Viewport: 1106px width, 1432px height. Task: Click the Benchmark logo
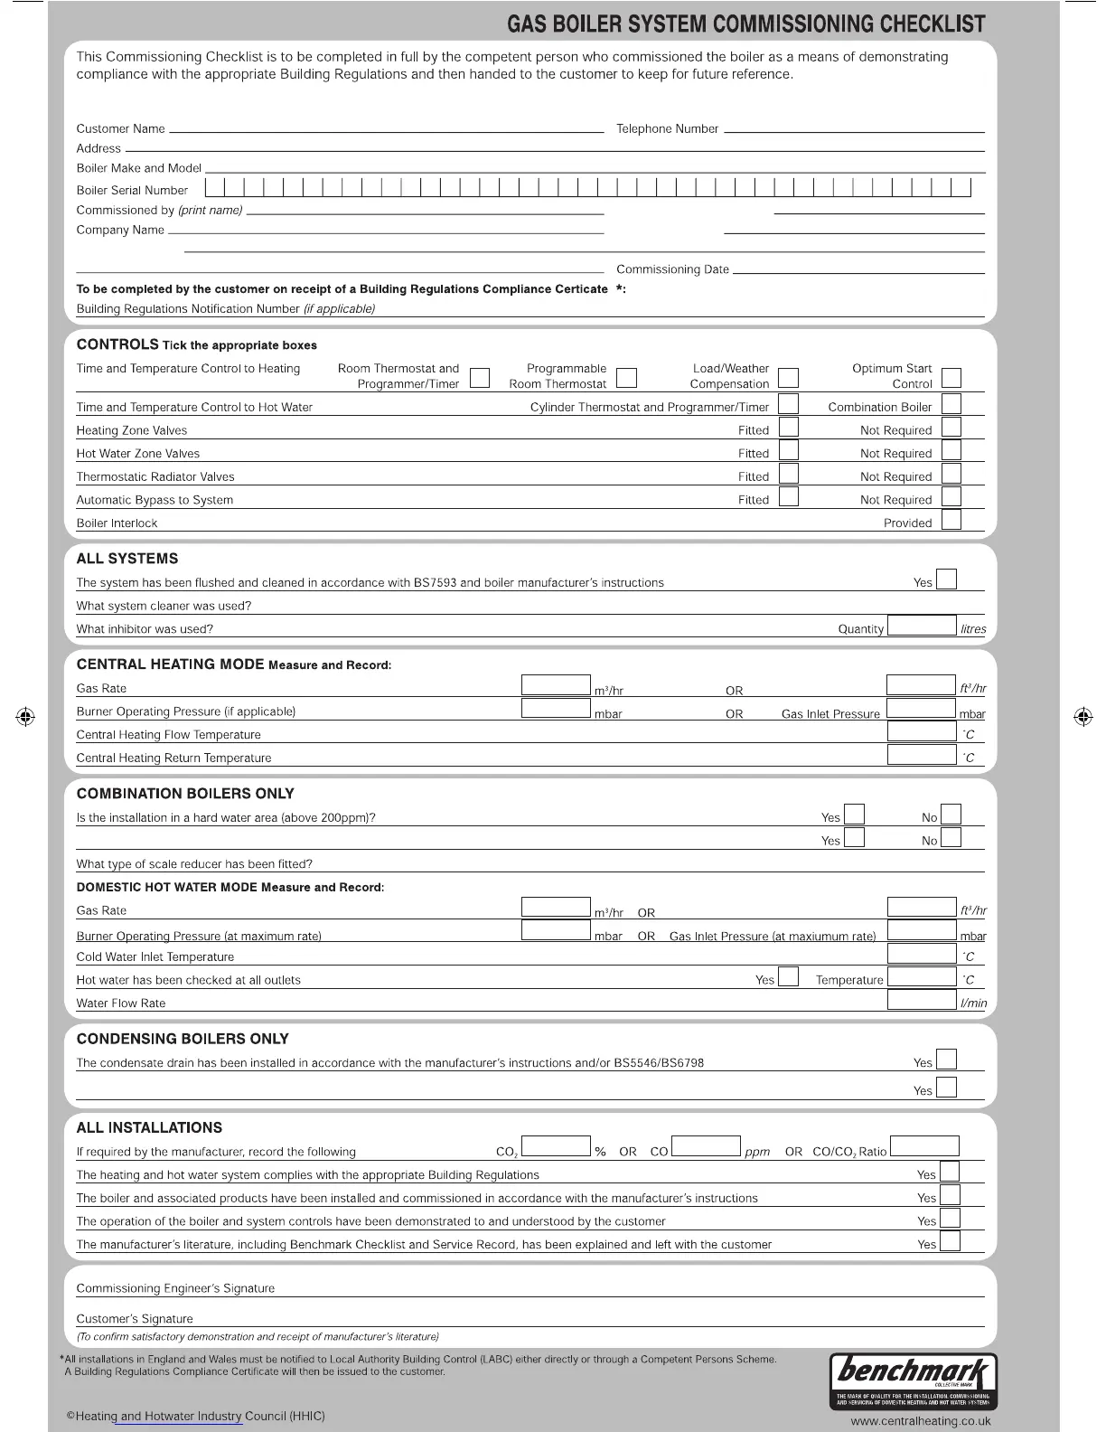(x=913, y=1381)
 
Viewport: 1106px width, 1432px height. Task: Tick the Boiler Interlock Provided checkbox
(x=951, y=521)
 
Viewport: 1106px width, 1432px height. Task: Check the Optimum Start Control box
(x=951, y=377)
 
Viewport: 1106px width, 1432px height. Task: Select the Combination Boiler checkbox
(x=951, y=404)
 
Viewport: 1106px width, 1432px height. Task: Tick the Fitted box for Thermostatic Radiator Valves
(x=789, y=474)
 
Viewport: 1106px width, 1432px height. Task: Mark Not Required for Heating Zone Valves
(x=951, y=428)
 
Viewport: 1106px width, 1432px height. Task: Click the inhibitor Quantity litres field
(x=922, y=626)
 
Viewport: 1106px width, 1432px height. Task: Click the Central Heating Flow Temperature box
(x=921, y=731)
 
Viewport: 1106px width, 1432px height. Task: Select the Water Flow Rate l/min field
(x=921, y=1000)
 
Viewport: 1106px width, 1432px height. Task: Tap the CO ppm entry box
(x=707, y=1147)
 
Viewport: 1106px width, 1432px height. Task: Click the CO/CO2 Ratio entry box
(x=924, y=1147)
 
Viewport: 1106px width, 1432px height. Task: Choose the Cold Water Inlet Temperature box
(x=921, y=954)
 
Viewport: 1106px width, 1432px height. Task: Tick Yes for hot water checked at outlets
(x=789, y=977)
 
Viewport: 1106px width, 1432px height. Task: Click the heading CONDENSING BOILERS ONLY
(x=183, y=1040)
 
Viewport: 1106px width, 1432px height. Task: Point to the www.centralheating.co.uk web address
(x=920, y=1421)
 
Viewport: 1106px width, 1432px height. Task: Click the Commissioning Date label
(x=672, y=269)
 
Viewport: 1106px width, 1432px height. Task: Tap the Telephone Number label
(x=667, y=129)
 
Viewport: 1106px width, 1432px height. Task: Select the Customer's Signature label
(x=135, y=1319)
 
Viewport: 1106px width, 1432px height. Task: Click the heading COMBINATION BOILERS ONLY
(x=185, y=794)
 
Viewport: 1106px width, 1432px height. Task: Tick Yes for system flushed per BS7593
(x=946, y=579)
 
